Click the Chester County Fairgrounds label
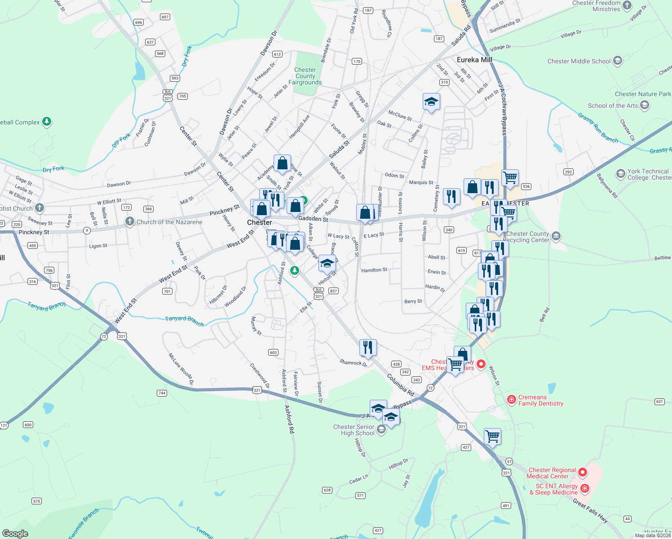pos(305,76)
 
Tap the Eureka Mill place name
pos(474,60)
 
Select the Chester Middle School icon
pos(618,61)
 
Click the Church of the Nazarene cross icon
pos(130,221)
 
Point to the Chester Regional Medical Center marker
pos(583,473)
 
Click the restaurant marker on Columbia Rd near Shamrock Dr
pos(368,347)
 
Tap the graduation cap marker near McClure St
pos(431,102)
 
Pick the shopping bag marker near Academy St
pos(282,164)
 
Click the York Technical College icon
pos(620,174)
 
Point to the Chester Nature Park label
pos(642,94)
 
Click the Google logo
pos(15,534)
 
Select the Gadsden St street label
pos(313,219)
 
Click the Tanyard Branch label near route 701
pos(184,321)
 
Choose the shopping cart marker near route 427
pos(492,436)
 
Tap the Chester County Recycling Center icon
pos(556,236)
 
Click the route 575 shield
pos(37,501)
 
